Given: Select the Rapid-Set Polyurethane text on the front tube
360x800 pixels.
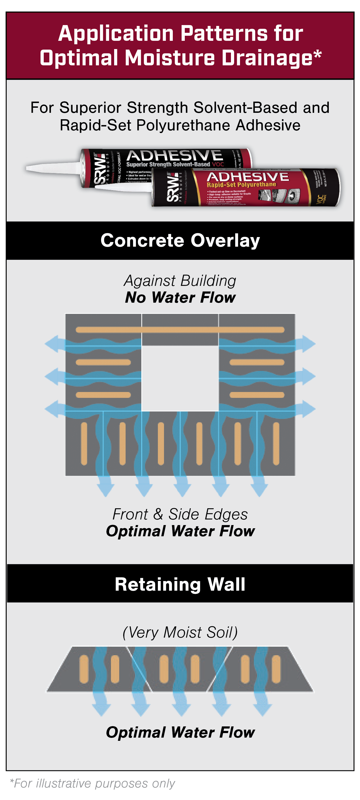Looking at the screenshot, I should point(241,185).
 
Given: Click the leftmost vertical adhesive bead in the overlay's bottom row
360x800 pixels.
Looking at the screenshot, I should point(84,443).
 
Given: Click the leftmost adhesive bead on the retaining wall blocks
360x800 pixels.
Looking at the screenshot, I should point(84,669).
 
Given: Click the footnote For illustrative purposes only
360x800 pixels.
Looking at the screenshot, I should point(93,783).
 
